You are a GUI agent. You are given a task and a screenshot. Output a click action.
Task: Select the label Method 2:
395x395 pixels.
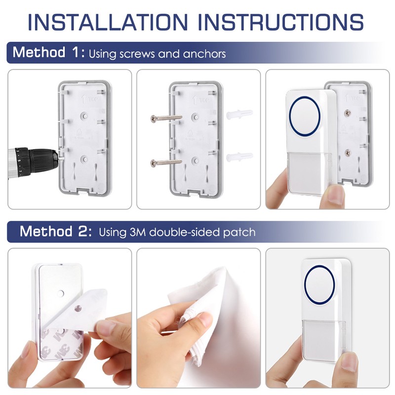click(x=55, y=231)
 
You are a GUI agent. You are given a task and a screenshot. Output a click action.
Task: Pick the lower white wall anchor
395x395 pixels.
click(x=239, y=158)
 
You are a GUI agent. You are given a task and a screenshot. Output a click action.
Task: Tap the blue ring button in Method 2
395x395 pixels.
click(x=319, y=286)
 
